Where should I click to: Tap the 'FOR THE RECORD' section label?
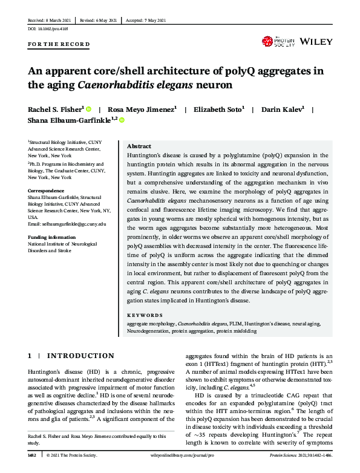pos(59,45)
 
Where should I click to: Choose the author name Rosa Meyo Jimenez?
pos(141,109)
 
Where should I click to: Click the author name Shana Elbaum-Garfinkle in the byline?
pos(70,120)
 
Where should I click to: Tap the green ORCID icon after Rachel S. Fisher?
pos(88,109)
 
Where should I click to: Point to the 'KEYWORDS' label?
pos(145,315)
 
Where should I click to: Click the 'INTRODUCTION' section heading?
pos(80,356)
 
